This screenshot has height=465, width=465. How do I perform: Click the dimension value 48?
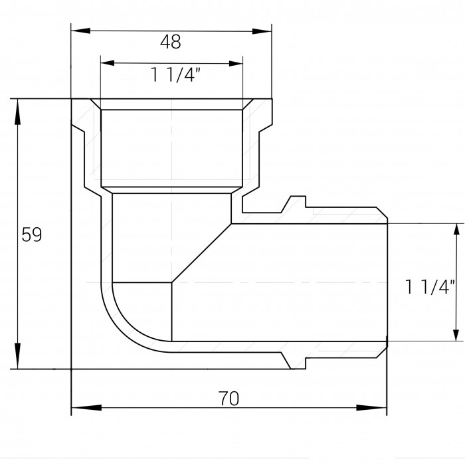coord(170,41)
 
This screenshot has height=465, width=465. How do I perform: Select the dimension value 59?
coord(32,234)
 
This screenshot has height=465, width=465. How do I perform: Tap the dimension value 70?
coord(229,399)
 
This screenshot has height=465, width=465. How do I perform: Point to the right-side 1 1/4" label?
coord(429,287)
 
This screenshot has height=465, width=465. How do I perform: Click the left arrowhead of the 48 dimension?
coord(80,31)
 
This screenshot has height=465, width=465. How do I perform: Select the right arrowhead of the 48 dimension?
coord(262,31)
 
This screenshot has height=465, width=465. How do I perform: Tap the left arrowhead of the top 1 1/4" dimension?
coord(108,63)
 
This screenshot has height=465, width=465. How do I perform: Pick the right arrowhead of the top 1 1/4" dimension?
coord(236,64)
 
